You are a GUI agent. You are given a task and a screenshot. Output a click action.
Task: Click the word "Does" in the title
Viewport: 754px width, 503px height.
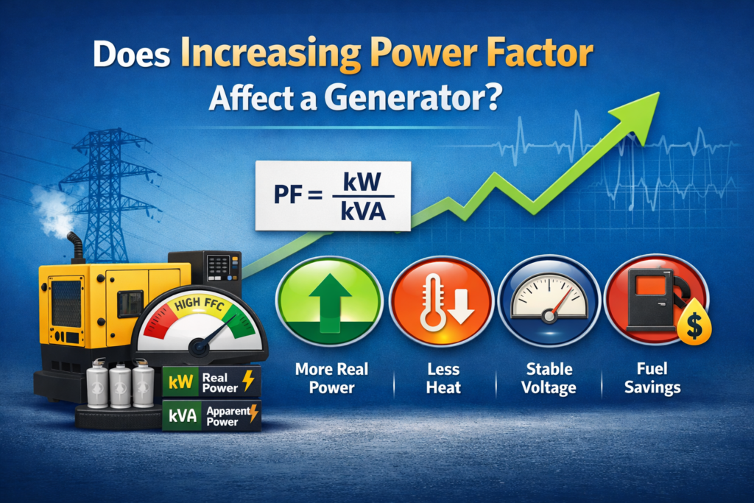tap(131, 54)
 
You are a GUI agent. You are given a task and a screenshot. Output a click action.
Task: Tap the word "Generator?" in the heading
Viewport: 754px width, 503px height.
tap(412, 98)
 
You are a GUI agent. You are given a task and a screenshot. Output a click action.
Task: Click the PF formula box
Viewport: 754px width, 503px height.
tap(333, 196)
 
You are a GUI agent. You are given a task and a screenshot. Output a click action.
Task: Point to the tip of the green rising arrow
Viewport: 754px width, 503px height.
tap(659, 94)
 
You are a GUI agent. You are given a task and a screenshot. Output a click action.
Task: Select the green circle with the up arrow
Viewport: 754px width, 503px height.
tap(329, 301)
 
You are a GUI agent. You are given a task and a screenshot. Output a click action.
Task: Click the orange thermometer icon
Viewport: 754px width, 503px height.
tap(441, 301)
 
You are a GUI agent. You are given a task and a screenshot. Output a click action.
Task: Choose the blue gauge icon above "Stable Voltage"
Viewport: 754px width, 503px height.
tap(549, 301)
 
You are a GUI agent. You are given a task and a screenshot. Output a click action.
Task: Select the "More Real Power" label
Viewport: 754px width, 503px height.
tap(332, 378)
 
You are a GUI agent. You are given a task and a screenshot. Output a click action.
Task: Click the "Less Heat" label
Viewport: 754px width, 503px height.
tap(443, 378)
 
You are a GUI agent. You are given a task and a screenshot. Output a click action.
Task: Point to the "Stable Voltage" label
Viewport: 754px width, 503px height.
tap(549, 378)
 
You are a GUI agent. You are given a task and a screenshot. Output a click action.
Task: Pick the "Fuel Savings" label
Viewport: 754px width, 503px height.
tap(652, 379)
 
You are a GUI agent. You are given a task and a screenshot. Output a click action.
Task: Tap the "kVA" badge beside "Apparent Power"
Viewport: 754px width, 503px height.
tap(182, 415)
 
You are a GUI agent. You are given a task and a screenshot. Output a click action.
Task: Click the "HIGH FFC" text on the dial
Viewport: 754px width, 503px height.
tap(199, 304)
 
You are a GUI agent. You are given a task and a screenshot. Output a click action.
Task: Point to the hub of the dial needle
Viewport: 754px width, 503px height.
tap(198, 346)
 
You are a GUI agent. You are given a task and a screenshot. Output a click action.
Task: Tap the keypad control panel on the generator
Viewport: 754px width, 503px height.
tap(219, 267)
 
